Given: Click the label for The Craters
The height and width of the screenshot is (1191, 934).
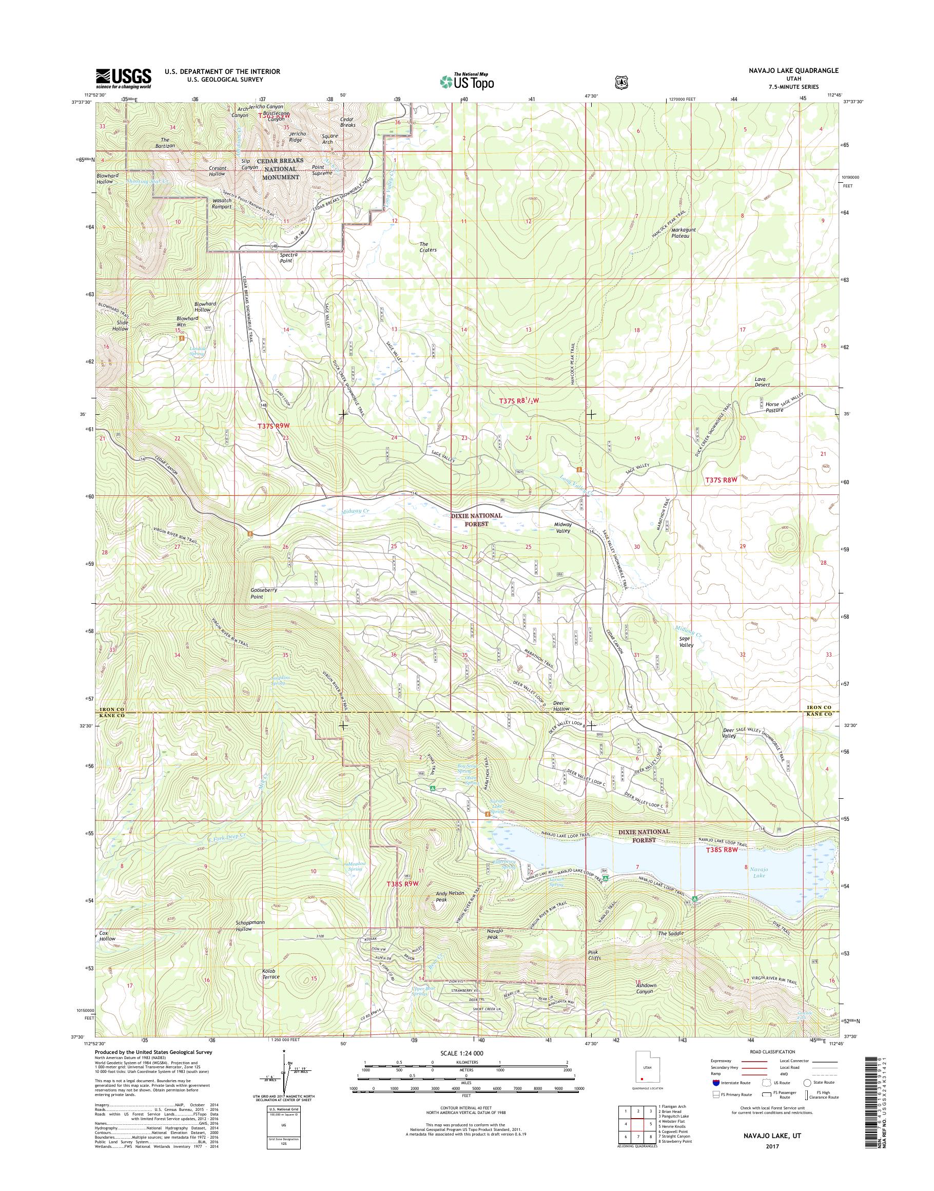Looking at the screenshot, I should coord(427,247).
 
